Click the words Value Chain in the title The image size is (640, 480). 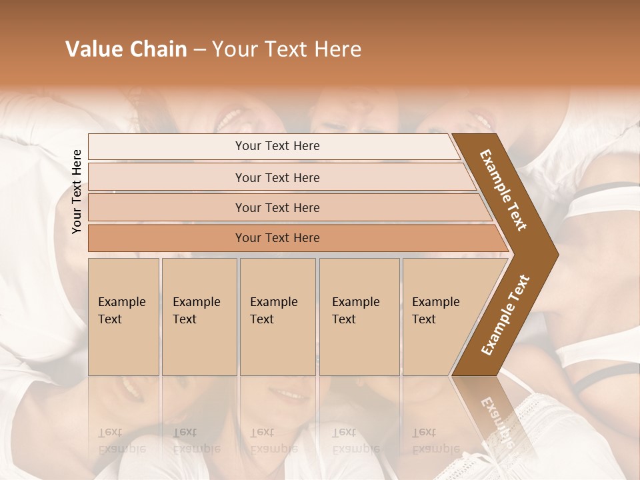click(126, 49)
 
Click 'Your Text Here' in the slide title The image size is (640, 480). click(287, 49)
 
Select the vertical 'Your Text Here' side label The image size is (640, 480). click(77, 191)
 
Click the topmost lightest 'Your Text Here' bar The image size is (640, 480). click(277, 146)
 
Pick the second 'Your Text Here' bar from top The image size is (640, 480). click(277, 177)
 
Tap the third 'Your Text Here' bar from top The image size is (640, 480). click(277, 207)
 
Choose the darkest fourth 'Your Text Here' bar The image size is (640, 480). click(277, 238)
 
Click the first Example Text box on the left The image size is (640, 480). click(123, 317)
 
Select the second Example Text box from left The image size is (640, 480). click(199, 317)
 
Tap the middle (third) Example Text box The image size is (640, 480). click(277, 317)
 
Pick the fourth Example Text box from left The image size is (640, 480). click(359, 317)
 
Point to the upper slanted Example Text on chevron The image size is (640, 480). click(504, 190)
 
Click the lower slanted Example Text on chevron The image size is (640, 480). click(505, 315)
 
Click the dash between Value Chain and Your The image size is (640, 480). click(199, 50)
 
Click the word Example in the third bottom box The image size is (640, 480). click(273, 302)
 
